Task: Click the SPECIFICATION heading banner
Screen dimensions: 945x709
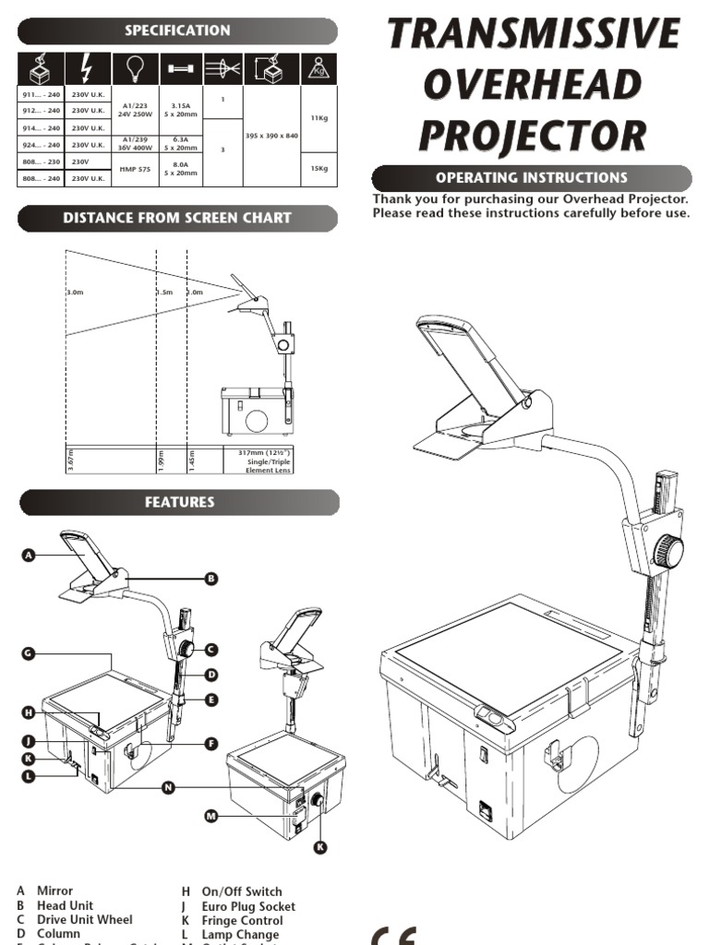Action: pyautogui.click(x=178, y=30)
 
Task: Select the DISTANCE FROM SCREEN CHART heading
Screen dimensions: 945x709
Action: pyautogui.click(x=178, y=219)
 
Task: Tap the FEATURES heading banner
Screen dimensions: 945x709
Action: pyautogui.click(x=178, y=502)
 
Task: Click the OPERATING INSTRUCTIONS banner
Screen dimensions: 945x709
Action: pyautogui.click(x=531, y=178)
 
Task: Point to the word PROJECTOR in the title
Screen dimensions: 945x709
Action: pyautogui.click(x=533, y=135)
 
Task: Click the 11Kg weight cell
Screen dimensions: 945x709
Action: pyautogui.click(x=319, y=118)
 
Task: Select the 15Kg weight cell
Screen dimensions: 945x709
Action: pyautogui.click(x=319, y=170)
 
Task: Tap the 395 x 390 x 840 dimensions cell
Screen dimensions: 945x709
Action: pyautogui.click(x=271, y=136)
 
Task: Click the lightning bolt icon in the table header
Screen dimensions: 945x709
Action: pyautogui.click(x=87, y=68)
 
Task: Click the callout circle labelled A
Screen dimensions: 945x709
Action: pyautogui.click(x=28, y=555)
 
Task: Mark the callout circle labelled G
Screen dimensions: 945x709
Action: pyautogui.click(x=28, y=653)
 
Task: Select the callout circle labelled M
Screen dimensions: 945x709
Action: pyautogui.click(x=211, y=816)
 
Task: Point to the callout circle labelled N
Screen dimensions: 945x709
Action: pyautogui.click(x=167, y=787)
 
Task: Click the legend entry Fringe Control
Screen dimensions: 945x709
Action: pyautogui.click(x=242, y=920)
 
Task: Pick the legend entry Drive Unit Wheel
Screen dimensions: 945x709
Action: pyautogui.click(x=84, y=920)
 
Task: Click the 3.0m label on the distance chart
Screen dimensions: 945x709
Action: pyautogui.click(x=76, y=293)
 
